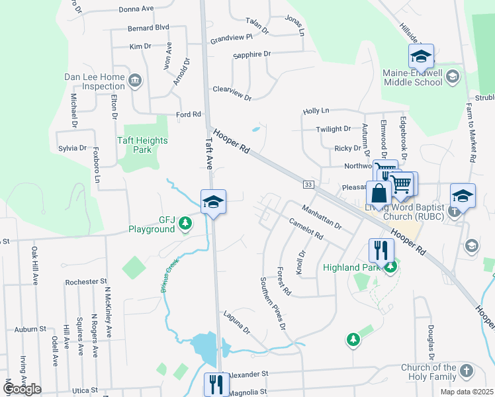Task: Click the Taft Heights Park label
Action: [x=142, y=145]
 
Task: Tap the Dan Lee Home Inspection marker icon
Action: [x=135, y=81]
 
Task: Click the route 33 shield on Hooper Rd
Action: [x=308, y=183]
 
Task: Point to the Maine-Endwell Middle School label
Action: [x=412, y=78]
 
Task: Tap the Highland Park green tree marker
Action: [x=391, y=267]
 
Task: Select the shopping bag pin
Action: [x=379, y=195]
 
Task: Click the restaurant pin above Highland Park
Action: [x=381, y=250]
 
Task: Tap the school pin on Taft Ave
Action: [x=214, y=201]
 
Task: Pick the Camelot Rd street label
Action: [x=305, y=228]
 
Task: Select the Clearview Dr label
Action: [x=232, y=93]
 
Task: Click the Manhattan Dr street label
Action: [x=321, y=218]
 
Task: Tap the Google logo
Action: [x=22, y=389]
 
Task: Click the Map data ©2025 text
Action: [x=465, y=392]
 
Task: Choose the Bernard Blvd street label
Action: [x=149, y=28]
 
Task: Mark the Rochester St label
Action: [x=81, y=282]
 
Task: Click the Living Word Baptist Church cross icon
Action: [x=454, y=212]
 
